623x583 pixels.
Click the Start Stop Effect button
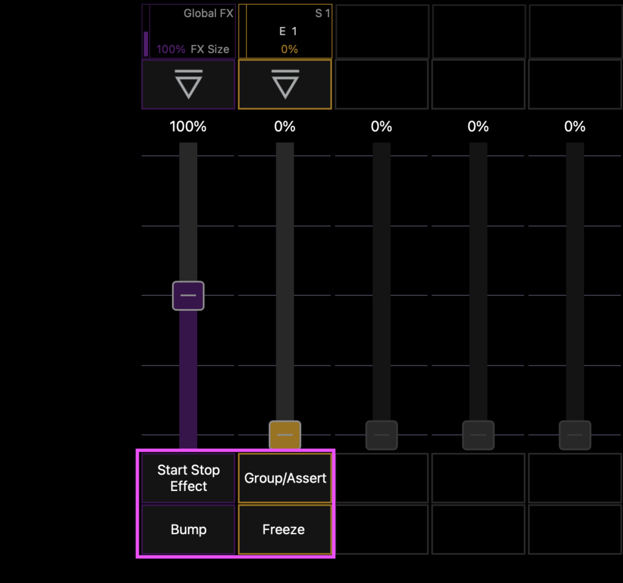[189, 478]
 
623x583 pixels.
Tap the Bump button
[189, 529]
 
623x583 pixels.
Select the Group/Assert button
[285, 478]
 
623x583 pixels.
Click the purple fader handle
[189, 296]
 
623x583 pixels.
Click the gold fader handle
[285, 435]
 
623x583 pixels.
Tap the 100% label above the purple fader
[188, 127]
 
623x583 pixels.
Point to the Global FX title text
[208, 13]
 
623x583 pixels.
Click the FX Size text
[210, 49]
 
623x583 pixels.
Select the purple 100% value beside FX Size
[171, 49]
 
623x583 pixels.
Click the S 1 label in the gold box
[322, 13]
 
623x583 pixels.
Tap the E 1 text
[288, 32]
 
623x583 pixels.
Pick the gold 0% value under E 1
[289, 49]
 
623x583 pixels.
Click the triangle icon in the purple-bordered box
[189, 84]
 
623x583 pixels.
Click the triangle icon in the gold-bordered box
[285, 84]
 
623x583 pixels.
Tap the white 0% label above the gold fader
[285, 127]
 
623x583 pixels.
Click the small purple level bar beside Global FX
[146, 44]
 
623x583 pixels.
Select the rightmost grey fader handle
[575, 435]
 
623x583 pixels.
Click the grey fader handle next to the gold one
[381, 435]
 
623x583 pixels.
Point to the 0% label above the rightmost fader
[575, 127]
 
